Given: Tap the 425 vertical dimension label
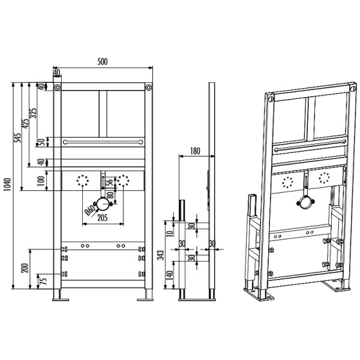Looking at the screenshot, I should (x=26, y=124).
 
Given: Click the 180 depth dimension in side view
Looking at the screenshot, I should (x=193, y=150).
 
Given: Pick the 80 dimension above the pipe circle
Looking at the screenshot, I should (x=110, y=195).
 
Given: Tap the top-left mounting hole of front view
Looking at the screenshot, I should (x=56, y=88).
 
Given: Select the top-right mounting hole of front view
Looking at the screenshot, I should (x=146, y=88).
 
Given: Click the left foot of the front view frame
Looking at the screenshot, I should (x=59, y=295).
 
